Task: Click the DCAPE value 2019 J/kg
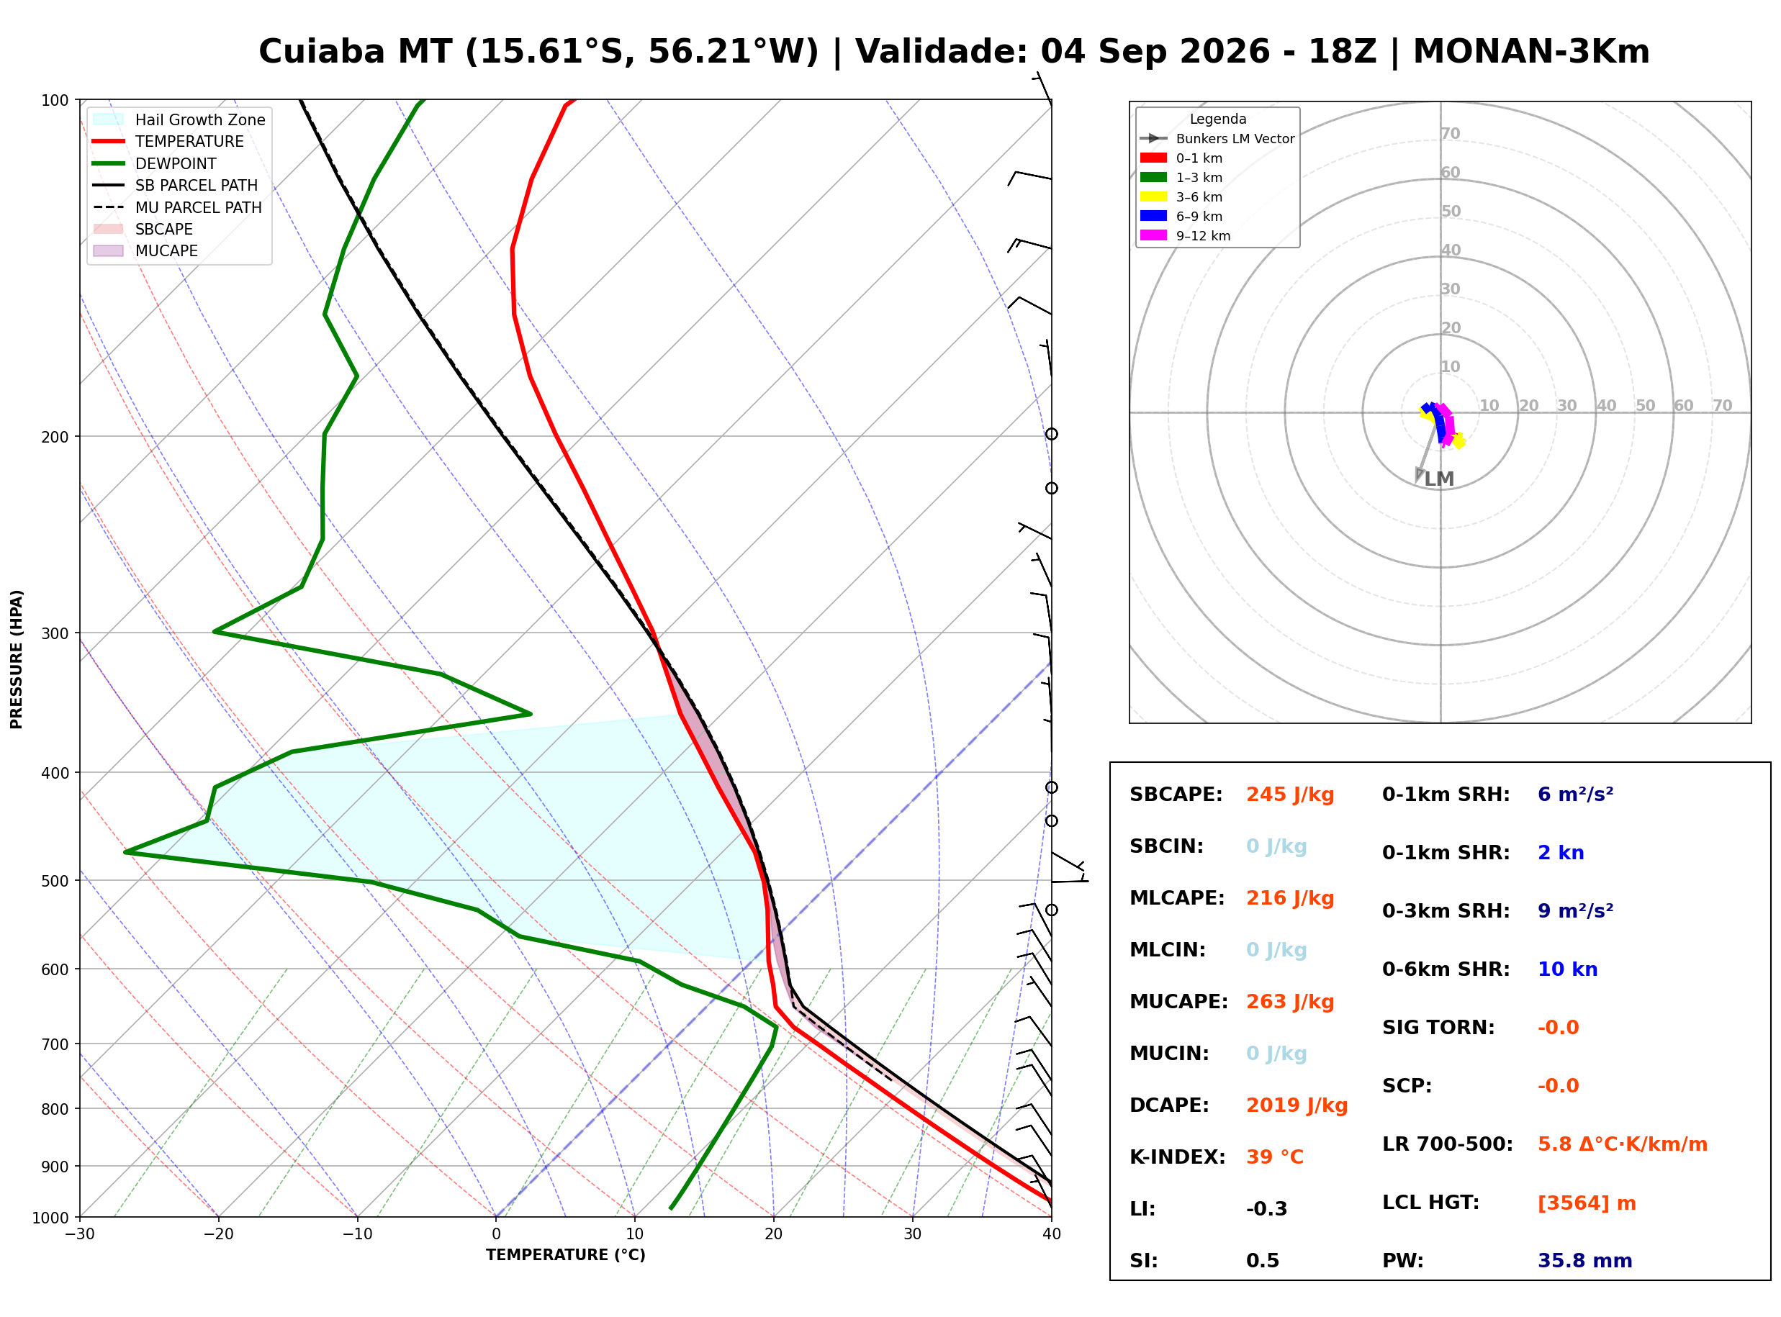[x=1297, y=1105]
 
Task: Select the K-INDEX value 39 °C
[x=1274, y=1157]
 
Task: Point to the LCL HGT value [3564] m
[x=1587, y=1204]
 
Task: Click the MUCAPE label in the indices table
[x=1178, y=1002]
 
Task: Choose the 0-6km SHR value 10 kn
[x=1567, y=970]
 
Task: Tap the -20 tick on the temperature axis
[x=218, y=1235]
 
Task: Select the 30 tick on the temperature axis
[x=912, y=1235]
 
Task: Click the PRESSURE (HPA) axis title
[x=16, y=659]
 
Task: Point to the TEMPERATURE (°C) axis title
[x=565, y=1256]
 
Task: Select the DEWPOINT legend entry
[x=154, y=163]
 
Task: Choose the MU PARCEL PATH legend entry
[x=177, y=207]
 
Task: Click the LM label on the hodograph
[x=1439, y=479]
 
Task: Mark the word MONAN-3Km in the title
[x=1530, y=52]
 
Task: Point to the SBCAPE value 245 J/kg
[x=1290, y=795]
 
